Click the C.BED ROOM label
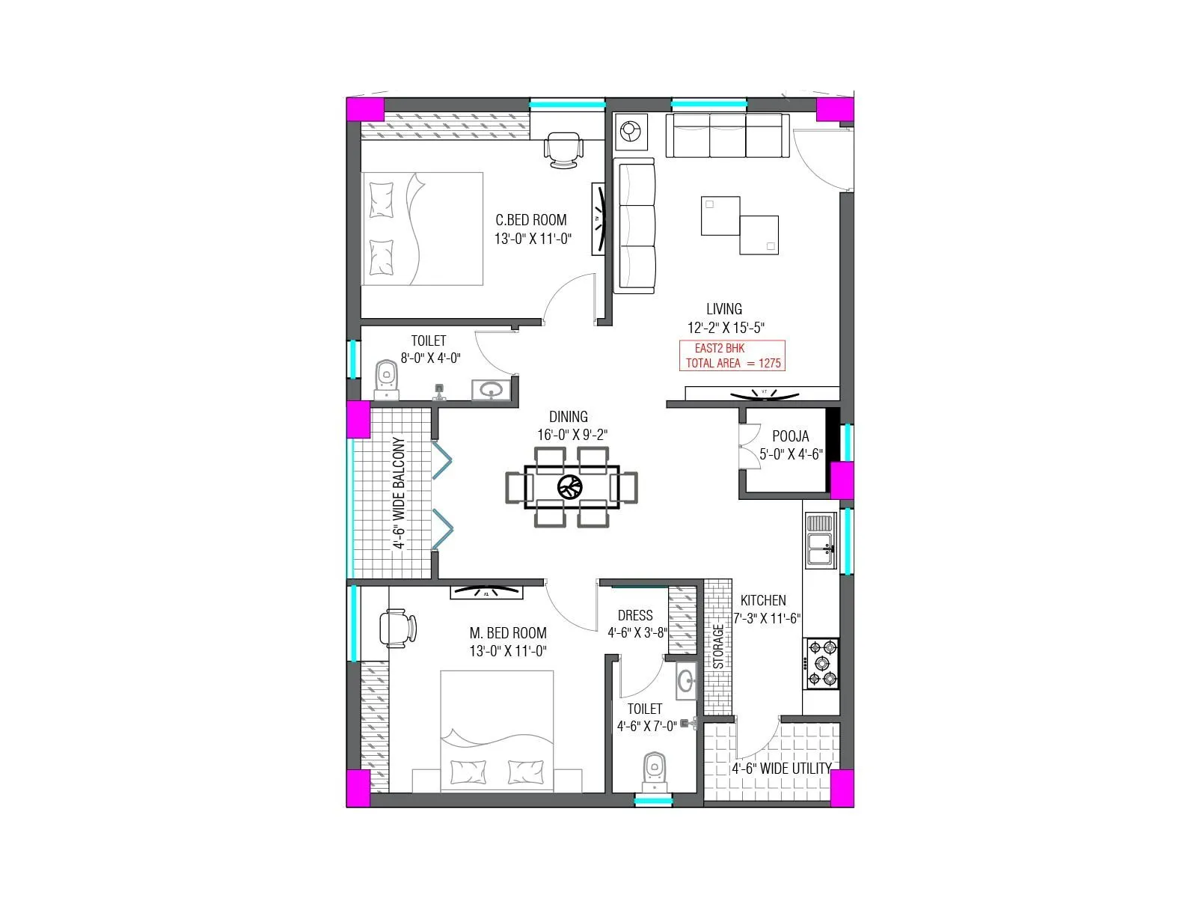530,220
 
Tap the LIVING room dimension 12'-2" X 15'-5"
725,328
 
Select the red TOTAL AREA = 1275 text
732,364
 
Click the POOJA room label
790,436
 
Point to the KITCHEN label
762,600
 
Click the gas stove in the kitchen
821,663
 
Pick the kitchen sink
820,540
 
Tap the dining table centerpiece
570,487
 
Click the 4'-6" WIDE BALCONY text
399,493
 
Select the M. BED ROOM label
507,633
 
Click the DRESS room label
635,615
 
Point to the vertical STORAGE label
718,647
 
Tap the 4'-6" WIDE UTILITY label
781,769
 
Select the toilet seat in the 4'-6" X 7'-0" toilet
655,771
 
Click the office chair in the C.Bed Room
562,150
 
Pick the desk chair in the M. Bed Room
397,627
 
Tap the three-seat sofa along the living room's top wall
726,135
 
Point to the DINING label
568,417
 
